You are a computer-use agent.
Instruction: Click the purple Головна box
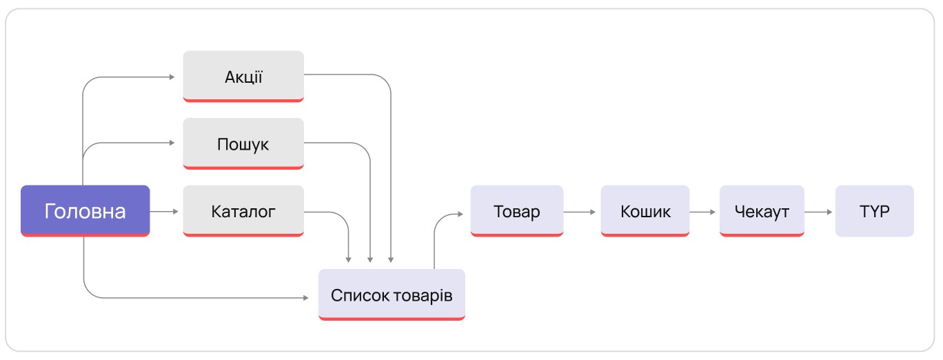[x=85, y=210]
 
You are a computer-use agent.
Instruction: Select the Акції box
[x=243, y=76]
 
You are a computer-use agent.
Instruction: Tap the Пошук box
[x=243, y=143]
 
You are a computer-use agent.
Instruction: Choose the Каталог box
[x=243, y=211]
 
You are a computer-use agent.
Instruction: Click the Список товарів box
[x=392, y=295]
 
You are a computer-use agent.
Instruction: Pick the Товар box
[x=517, y=211]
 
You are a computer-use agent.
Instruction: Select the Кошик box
[x=645, y=211]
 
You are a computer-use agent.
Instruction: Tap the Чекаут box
[x=762, y=211]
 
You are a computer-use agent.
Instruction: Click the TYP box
[x=874, y=211]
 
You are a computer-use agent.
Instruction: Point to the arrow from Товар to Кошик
[x=581, y=212]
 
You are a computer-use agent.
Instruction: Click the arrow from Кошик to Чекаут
[x=703, y=212]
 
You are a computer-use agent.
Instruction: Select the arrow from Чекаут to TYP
[x=819, y=212]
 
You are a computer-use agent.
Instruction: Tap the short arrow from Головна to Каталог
[x=165, y=211]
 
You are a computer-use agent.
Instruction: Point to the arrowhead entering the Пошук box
[x=172, y=143]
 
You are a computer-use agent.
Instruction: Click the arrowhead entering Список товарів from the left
[x=305, y=298]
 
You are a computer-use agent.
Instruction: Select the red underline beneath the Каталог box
[x=243, y=235]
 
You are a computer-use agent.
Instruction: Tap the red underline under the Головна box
[x=85, y=235]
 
